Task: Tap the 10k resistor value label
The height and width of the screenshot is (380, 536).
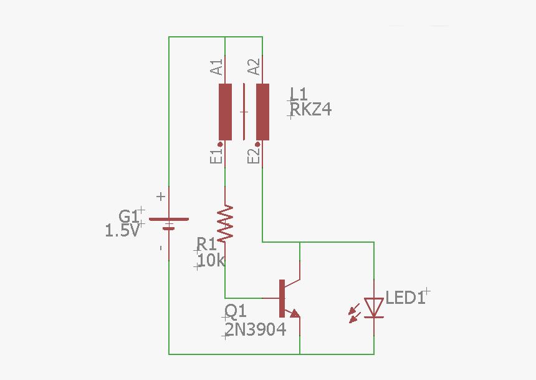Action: coord(211,260)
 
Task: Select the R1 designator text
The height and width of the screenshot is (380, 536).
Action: coord(206,244)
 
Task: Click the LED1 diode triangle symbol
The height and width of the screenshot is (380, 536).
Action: coord(374,307)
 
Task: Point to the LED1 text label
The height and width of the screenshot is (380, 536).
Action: coord(406,298)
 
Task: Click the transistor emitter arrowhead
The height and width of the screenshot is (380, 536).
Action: coord(294,313)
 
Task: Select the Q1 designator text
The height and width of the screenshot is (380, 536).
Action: coord(236,311)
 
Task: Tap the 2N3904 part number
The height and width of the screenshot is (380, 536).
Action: coord(256,329)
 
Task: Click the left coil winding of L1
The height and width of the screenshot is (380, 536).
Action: coord(225,112)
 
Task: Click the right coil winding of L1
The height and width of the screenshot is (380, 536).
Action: coord(263,112)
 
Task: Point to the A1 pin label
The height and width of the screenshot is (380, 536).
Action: coord(217,67)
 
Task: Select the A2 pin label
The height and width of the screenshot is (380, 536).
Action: coord(254,67)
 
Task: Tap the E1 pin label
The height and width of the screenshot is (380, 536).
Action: coord(217,157)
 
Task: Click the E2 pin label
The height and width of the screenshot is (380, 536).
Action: coord(254,157)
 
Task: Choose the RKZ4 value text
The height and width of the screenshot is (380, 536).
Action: coord(311,110)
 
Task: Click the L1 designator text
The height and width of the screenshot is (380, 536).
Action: coord(299,94)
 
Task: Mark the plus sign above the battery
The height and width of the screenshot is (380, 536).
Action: coord(161,197)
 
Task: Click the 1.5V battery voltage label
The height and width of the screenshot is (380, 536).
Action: coord(122,231)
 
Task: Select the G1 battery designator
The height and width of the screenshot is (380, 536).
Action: coord(128,216)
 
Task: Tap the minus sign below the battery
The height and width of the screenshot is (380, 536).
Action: coord(161,248)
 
